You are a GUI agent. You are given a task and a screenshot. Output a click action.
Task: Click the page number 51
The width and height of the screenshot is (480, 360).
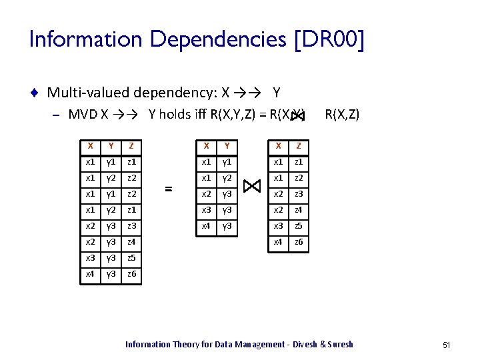(446, 345)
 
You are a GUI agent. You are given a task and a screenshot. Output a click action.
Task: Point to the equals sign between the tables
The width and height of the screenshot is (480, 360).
(169, 189)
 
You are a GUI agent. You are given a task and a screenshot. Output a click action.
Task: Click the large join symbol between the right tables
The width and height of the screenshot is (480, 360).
(253, 186)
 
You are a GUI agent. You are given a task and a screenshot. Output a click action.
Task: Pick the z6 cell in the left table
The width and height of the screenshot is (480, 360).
(132, 274)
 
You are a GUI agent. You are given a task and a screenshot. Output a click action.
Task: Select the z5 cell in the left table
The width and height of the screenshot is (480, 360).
(132, 257)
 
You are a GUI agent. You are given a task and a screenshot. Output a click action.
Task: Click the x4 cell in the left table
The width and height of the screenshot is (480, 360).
(90, 274)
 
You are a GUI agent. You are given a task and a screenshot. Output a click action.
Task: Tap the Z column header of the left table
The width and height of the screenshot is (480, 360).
(132, 145)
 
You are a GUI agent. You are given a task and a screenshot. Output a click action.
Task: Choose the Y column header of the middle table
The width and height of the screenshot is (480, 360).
(227, 145)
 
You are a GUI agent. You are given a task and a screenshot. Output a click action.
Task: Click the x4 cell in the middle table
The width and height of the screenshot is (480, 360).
(207, 226)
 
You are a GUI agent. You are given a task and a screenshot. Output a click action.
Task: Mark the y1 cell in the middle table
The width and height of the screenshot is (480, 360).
(227, 161)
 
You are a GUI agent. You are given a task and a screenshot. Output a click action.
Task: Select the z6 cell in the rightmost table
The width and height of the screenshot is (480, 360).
(299, 242)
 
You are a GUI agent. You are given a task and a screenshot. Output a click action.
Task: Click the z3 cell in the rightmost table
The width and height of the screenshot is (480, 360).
(299, 193)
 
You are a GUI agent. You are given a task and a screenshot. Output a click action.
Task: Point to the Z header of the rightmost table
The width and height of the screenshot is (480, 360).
(299, 145)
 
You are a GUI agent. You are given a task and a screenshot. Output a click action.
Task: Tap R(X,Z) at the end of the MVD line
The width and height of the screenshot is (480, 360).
(341, 115)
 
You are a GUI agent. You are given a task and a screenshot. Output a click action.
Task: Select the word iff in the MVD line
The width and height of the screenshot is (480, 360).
(200, 115)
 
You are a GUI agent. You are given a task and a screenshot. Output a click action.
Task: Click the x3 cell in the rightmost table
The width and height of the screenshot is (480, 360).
(278, 226)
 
